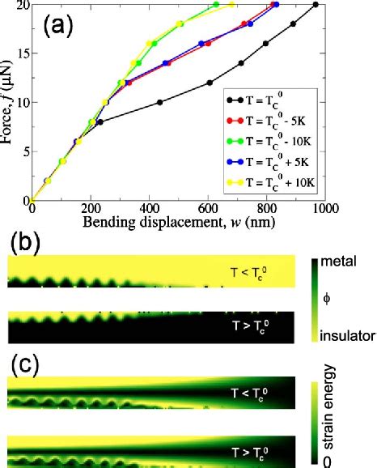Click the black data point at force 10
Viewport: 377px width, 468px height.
[160, 103]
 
